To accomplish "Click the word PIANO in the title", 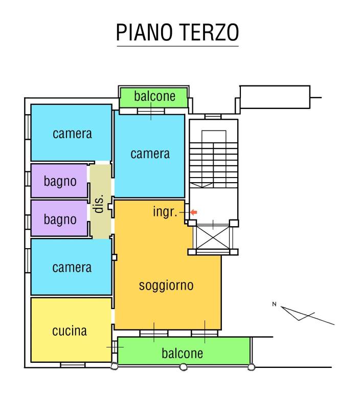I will tap(145, 32).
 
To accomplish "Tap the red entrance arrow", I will tap(193, 212).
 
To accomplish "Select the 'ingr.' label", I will tap(165, 211).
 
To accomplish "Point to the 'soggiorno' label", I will tap(166, 285).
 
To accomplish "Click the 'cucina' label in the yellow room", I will tap(70, 331).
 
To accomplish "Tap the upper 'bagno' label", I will tap(60, 181).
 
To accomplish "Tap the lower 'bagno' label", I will tap(60, 220).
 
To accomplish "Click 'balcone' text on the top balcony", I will tap(154, 96).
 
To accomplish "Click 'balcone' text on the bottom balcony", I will tap(183, 353).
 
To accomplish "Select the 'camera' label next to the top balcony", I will tap(150, 154).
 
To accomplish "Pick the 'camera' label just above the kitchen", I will tap(72, 267).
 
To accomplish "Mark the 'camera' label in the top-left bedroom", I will tap(72, 134).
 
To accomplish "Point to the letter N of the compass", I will tap(274, 305).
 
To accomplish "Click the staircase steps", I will tap(213, 159).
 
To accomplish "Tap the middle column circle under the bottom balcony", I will tap(183, 366).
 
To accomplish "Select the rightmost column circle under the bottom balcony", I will tap(251, 366).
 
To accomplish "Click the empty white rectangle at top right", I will tap(275, 97).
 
